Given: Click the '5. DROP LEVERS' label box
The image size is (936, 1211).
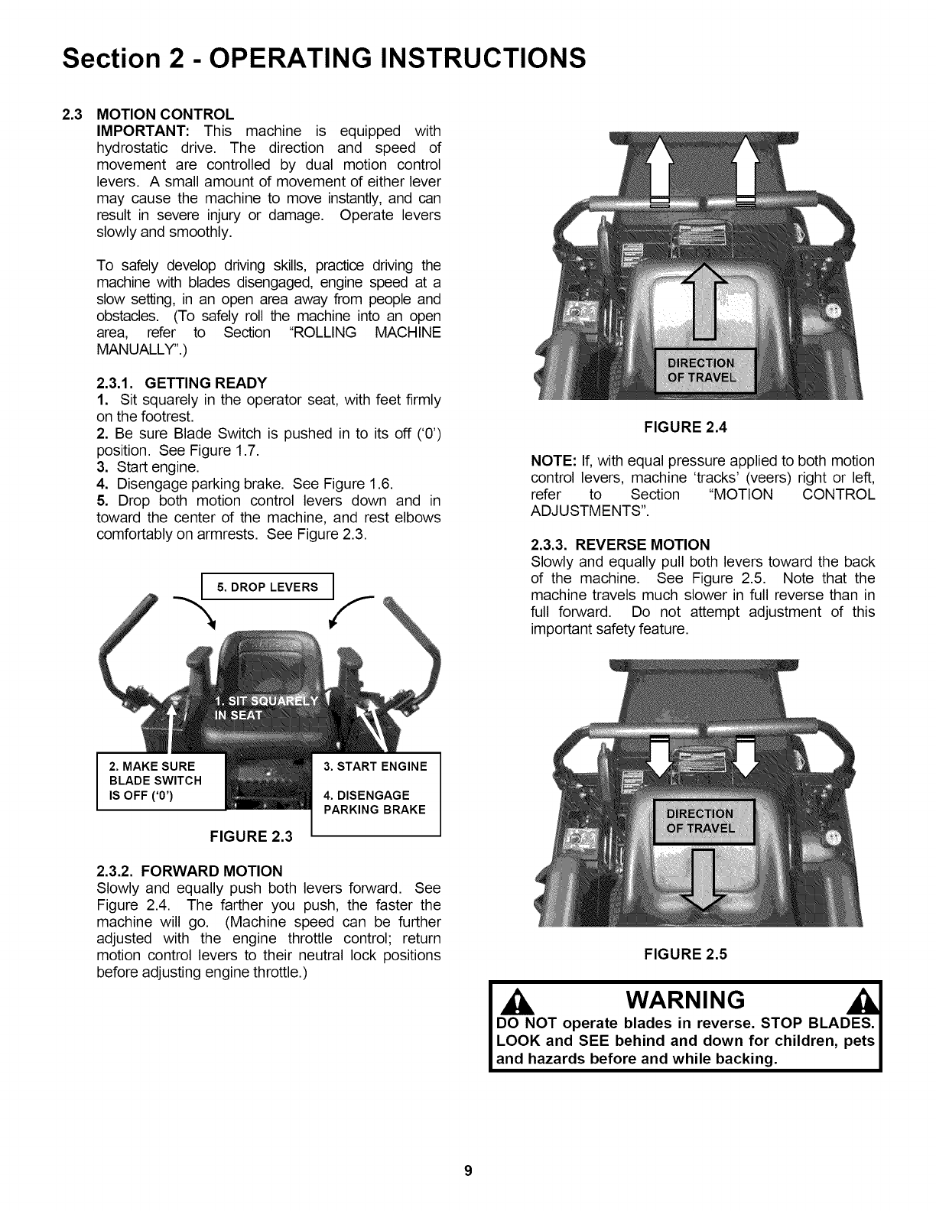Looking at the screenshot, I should pyautogui.click(x=267, y=587).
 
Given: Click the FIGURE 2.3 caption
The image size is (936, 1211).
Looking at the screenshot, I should pyautogui.click(x=252, y=836).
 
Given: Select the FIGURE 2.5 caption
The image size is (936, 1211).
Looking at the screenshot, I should pyautogui.click(x=685, y=953).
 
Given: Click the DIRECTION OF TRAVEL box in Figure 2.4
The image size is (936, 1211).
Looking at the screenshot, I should pyautogui.click(x=701, y=370).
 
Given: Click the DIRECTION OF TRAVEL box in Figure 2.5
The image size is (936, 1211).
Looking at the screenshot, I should pyautogui.click(x=701, y=820).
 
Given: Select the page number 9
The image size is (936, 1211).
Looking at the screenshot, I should pyautogui.click(x=468, y=1170).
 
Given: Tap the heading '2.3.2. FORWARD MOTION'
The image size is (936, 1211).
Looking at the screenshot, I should pyautogui.click(x=190, y=871).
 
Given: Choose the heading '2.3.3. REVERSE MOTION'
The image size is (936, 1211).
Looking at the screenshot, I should pyautogui.click(x=620, y=544).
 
